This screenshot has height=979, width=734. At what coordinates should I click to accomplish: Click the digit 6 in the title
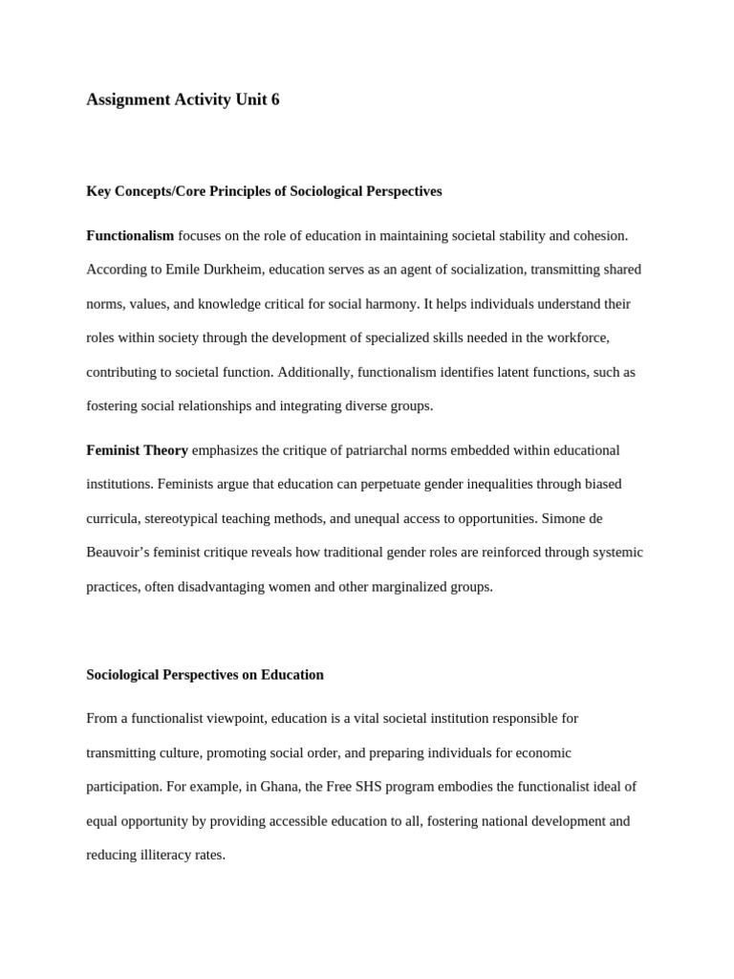coord(275,99)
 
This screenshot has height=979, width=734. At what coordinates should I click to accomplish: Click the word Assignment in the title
coord(128,99)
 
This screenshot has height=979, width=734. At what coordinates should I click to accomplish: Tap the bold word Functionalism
coord(130,235)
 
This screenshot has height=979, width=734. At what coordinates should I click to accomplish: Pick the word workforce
coord(575,337)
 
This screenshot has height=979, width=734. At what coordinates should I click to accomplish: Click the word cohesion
coord(599,235)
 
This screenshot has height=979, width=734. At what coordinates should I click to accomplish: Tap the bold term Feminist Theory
coord(137,449)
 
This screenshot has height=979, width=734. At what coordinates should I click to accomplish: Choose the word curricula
coord(112,518)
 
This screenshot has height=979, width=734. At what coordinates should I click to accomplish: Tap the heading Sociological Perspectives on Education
coord(205,675)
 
